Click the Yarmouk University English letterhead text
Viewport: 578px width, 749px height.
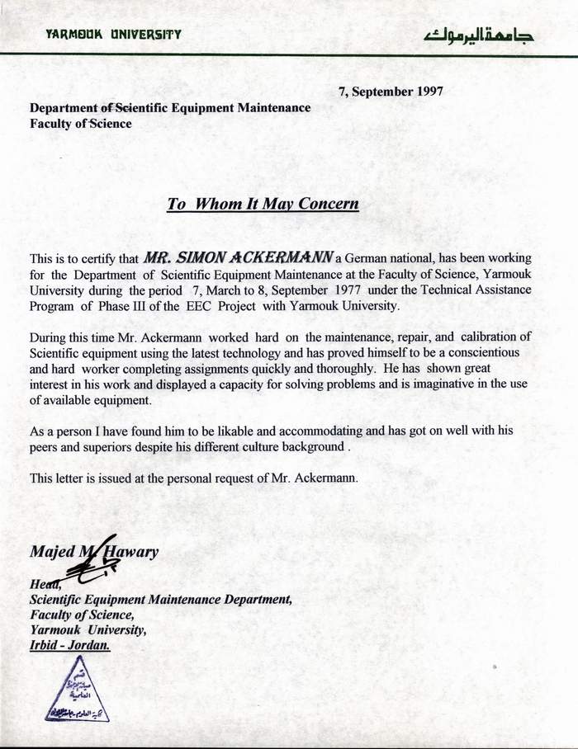(114, 35)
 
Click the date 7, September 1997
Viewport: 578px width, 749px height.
(391, 92)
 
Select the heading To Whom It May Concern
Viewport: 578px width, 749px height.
(263, 204)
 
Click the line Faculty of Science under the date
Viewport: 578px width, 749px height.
(80, 124)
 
